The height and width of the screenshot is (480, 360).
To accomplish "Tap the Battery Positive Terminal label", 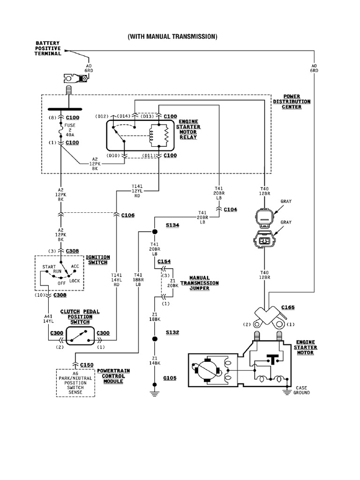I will pos(48,48).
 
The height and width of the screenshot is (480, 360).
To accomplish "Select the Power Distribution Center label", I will pos(291,101).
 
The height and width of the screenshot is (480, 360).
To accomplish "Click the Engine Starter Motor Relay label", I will pos(188,129).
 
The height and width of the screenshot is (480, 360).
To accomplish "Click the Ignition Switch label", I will pos(98,260).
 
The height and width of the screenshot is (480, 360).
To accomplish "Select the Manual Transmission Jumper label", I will pos(200,283).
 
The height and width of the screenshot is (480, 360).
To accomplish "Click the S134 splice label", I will pos(172,225).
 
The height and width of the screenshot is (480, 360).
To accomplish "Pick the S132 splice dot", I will pos(155,338).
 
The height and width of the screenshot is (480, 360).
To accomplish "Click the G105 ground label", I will pos(170,378).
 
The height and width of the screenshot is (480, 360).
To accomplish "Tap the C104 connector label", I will pos(230,210).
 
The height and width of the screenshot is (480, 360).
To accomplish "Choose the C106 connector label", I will pos(128,215).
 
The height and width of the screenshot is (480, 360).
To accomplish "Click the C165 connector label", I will pos(288,307).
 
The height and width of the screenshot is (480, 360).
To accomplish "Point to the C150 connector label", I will pos(87,364).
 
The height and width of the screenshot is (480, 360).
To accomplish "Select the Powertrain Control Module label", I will pos(113,376).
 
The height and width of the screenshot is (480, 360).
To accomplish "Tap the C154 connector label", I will pos(164,261).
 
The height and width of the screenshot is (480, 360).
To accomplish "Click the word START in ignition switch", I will pos(49,267).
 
